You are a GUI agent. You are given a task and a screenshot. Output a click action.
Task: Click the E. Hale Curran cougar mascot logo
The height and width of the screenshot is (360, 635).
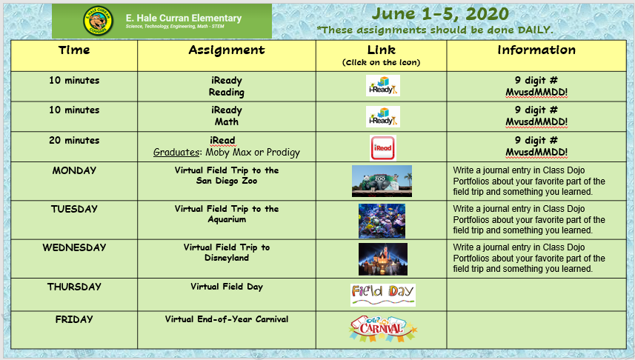pos(98,21)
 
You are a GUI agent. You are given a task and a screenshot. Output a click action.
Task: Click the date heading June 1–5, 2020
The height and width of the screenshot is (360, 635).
pos(440,14)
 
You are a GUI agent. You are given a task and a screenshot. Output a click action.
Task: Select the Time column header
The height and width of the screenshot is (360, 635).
pos(74,50)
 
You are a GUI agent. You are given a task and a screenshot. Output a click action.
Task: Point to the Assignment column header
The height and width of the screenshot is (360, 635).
pos(227,50)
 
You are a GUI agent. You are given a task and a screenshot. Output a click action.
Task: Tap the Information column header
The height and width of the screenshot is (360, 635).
pos(536,50)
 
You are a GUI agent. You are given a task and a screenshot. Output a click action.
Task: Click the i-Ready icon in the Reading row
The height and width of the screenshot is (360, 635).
pos(382,85)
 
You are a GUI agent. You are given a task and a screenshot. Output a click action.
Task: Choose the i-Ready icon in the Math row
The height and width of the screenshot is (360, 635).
pos(382,116)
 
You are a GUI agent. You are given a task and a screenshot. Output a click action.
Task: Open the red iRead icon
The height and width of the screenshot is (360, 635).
pos(382,148)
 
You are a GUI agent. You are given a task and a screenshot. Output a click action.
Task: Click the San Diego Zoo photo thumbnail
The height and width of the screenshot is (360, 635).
pos(382,181)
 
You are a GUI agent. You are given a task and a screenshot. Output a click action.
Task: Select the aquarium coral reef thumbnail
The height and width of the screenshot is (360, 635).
pos(382,221)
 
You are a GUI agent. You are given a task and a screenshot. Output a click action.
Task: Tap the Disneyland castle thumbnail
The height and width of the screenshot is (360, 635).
pos(382,259)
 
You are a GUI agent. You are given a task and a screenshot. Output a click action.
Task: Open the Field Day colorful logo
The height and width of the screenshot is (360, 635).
pos(382,295)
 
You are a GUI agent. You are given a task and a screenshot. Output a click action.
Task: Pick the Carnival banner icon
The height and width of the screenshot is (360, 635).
pos(382,328)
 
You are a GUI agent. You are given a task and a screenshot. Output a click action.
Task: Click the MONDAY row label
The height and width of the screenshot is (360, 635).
pos(74,170)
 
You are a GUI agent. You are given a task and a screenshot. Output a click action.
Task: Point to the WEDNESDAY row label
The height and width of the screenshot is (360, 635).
pos(74,247)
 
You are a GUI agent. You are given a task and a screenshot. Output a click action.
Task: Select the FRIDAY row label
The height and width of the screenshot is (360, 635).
pos(74,319)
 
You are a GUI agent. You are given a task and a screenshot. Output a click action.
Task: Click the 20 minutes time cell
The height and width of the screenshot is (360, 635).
pos(74,140)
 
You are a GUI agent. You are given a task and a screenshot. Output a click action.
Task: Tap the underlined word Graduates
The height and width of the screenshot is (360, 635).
pos(176,153)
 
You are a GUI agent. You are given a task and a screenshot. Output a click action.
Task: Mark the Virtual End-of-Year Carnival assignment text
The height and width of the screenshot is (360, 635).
pos(227,319)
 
